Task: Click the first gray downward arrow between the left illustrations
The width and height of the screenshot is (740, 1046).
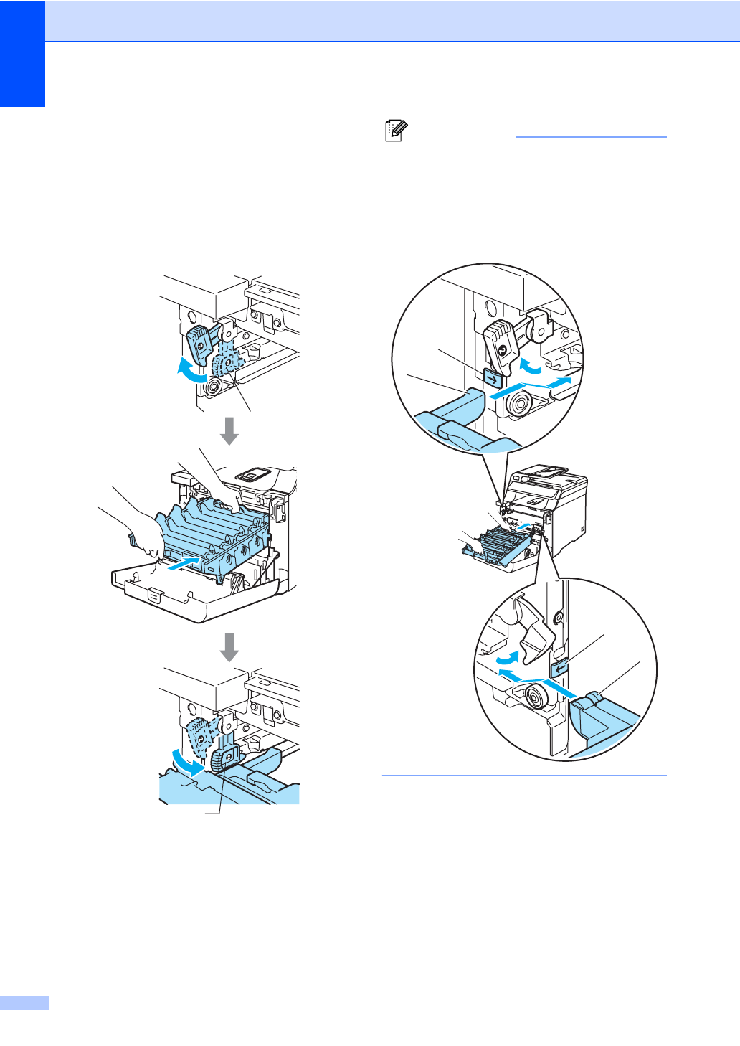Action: click(x=229, y=430)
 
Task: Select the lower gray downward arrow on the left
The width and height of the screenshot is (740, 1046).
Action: click(x=229, y=647)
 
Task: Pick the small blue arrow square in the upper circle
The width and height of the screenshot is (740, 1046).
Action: click(x=492, y=377)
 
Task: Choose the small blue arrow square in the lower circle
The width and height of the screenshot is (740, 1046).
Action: click(x=560, y=667)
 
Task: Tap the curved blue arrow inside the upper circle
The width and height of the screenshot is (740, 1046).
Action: click(x=531, y=366)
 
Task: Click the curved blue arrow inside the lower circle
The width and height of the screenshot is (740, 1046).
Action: click(x=506, y=656)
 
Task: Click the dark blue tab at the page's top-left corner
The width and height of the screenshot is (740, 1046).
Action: click(x=22, y=53)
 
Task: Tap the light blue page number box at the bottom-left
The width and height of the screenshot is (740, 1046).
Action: click(x=24, y=1002)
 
